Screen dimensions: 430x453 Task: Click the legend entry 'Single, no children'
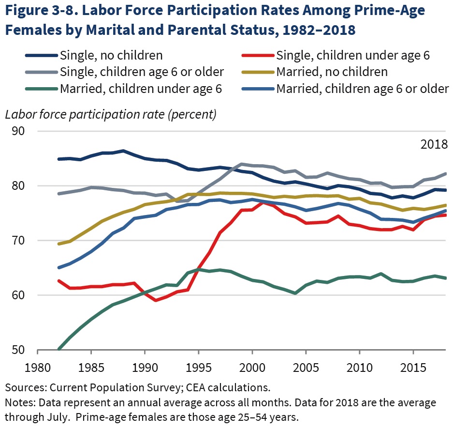(x=111, y=55)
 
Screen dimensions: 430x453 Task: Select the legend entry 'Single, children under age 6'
(x=352, y=55)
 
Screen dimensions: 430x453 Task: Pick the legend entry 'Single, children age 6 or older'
(x=142, y=72)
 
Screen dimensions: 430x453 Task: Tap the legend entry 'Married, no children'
(x=332, y=72)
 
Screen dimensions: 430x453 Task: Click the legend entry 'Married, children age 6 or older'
(x=362, y=88)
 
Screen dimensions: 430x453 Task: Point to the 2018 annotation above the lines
(x=433, y=145)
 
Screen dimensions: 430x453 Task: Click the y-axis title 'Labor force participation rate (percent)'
(x=110, y=115)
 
